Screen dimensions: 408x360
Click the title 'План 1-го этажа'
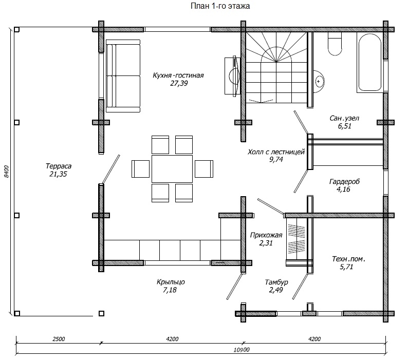220,6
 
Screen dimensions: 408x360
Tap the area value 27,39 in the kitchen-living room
179,83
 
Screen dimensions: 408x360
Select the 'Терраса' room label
59,166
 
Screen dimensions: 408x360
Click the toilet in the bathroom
335,44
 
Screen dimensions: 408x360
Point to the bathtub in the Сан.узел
370,63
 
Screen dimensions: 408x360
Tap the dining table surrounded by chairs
172,169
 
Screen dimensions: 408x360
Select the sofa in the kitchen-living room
123,76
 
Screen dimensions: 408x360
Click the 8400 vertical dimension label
7,172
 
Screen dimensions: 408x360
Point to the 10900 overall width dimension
241,350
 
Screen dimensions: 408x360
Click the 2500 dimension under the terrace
59,339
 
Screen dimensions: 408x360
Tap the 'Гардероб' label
344,181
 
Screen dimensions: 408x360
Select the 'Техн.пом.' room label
348,259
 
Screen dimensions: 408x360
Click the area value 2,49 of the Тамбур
276,290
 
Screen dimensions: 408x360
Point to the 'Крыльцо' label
171,282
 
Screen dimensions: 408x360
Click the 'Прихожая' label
266,235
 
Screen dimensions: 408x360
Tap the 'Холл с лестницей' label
276,151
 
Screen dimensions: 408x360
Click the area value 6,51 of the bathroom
344,126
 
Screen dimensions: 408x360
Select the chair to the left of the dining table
140,169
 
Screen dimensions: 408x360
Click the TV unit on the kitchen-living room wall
233,76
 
